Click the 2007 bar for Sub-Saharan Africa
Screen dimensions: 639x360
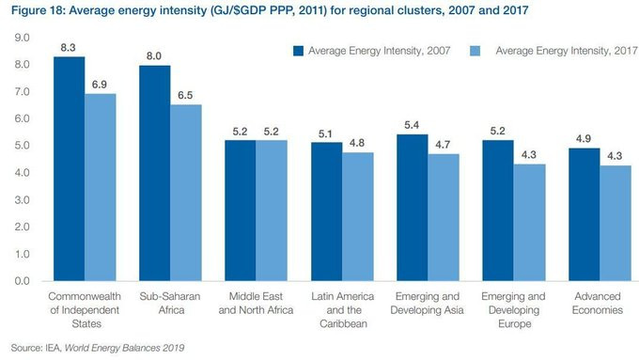tap(155, 173)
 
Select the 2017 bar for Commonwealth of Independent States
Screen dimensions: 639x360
tap(101, 187)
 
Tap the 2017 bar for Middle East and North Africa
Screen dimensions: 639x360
tap(272, 211)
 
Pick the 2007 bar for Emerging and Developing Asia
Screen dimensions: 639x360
tap(412, 208)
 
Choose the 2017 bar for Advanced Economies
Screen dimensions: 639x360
tap(616, 223)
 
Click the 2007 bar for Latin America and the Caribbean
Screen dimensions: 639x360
tap(326, 211)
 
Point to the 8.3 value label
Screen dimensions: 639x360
tap(68, 48)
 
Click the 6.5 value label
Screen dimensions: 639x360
tap(185, 95)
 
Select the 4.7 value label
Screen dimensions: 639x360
tap(443, 145)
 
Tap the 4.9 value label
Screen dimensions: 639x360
tap(584, 138)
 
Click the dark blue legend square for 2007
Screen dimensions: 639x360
tap(298, 51)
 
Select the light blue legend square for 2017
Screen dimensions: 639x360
tap(475, 51)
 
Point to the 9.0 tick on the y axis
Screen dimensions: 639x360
tap(22, 38)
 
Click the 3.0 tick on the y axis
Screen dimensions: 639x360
tap(22, 200)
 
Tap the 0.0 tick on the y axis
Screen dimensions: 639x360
tap(22, 281)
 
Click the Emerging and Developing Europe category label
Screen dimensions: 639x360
tap(513, 310)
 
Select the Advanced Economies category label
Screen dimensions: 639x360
tap(598, 303)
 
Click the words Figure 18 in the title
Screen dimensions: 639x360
tap(37, 10)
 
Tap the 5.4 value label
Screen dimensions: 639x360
tap(412, 125)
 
